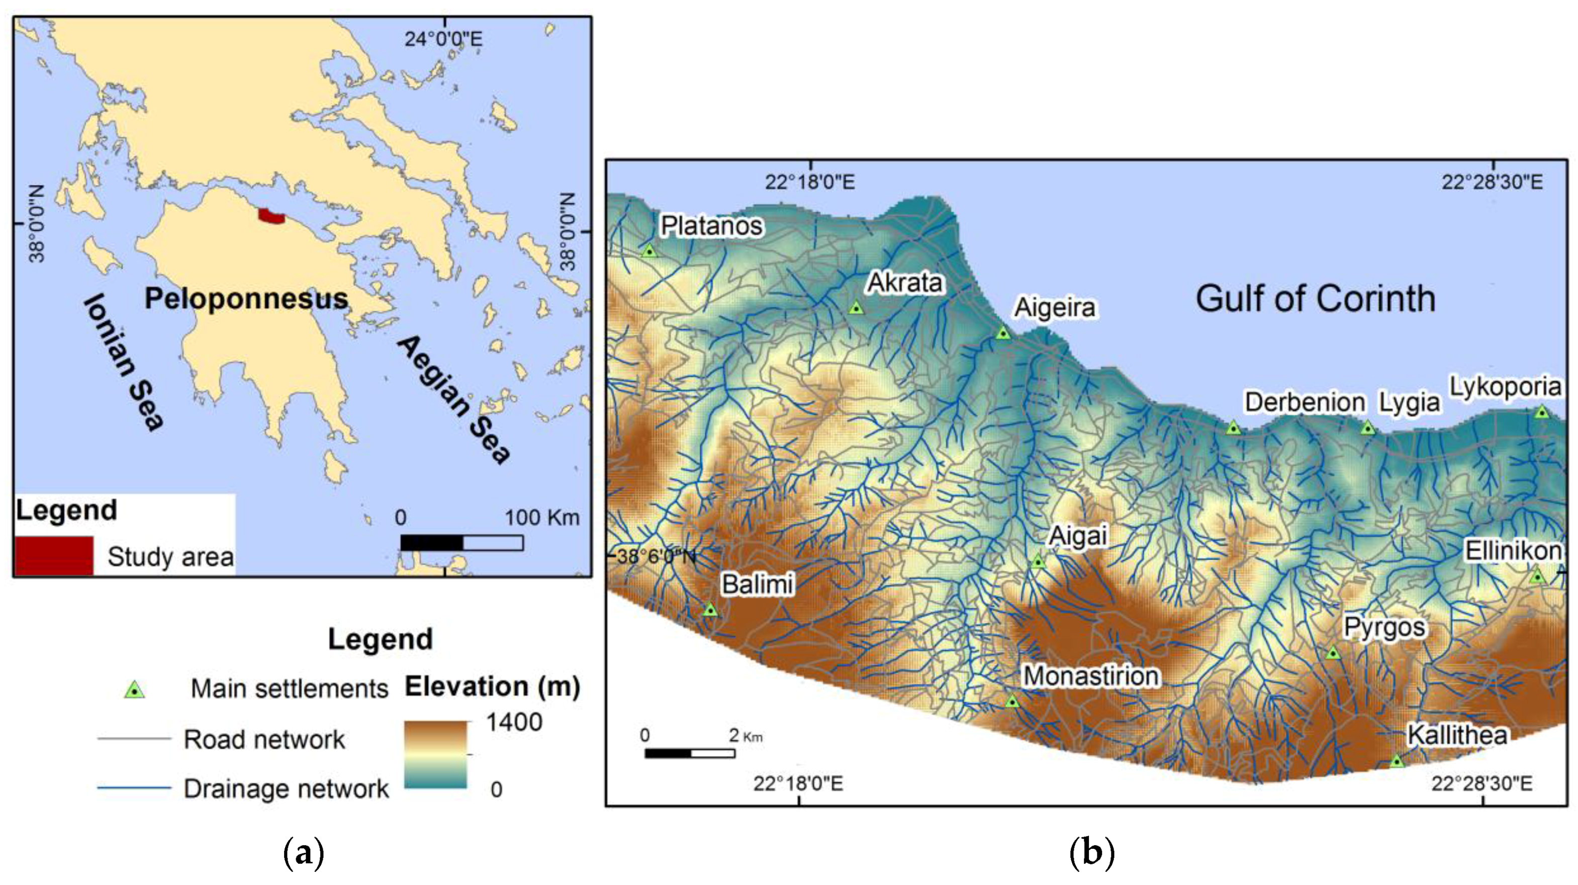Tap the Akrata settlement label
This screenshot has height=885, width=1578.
point(905,283)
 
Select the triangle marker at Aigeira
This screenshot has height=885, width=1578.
point(1003,333)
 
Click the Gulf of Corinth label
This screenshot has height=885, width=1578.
point(1315,299)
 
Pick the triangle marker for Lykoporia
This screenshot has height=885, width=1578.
point(1542,412)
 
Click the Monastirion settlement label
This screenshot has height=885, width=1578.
point(1091,676)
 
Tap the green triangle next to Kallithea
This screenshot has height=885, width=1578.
point(1396,761)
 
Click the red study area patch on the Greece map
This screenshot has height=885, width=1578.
point(271,216)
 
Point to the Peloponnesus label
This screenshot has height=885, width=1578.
point(246,299)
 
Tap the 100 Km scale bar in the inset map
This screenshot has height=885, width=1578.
point(461,543)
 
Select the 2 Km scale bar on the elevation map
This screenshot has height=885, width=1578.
point(689,753)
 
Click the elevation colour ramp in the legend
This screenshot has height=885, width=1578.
point(435,754)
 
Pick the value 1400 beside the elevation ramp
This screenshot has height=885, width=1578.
point(513,723)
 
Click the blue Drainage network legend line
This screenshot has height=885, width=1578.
point(134,788)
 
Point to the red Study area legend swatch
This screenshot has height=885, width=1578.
point(54,555)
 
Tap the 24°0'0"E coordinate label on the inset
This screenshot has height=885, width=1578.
point(443,39)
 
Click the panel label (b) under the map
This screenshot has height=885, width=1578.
point(1091,852)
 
